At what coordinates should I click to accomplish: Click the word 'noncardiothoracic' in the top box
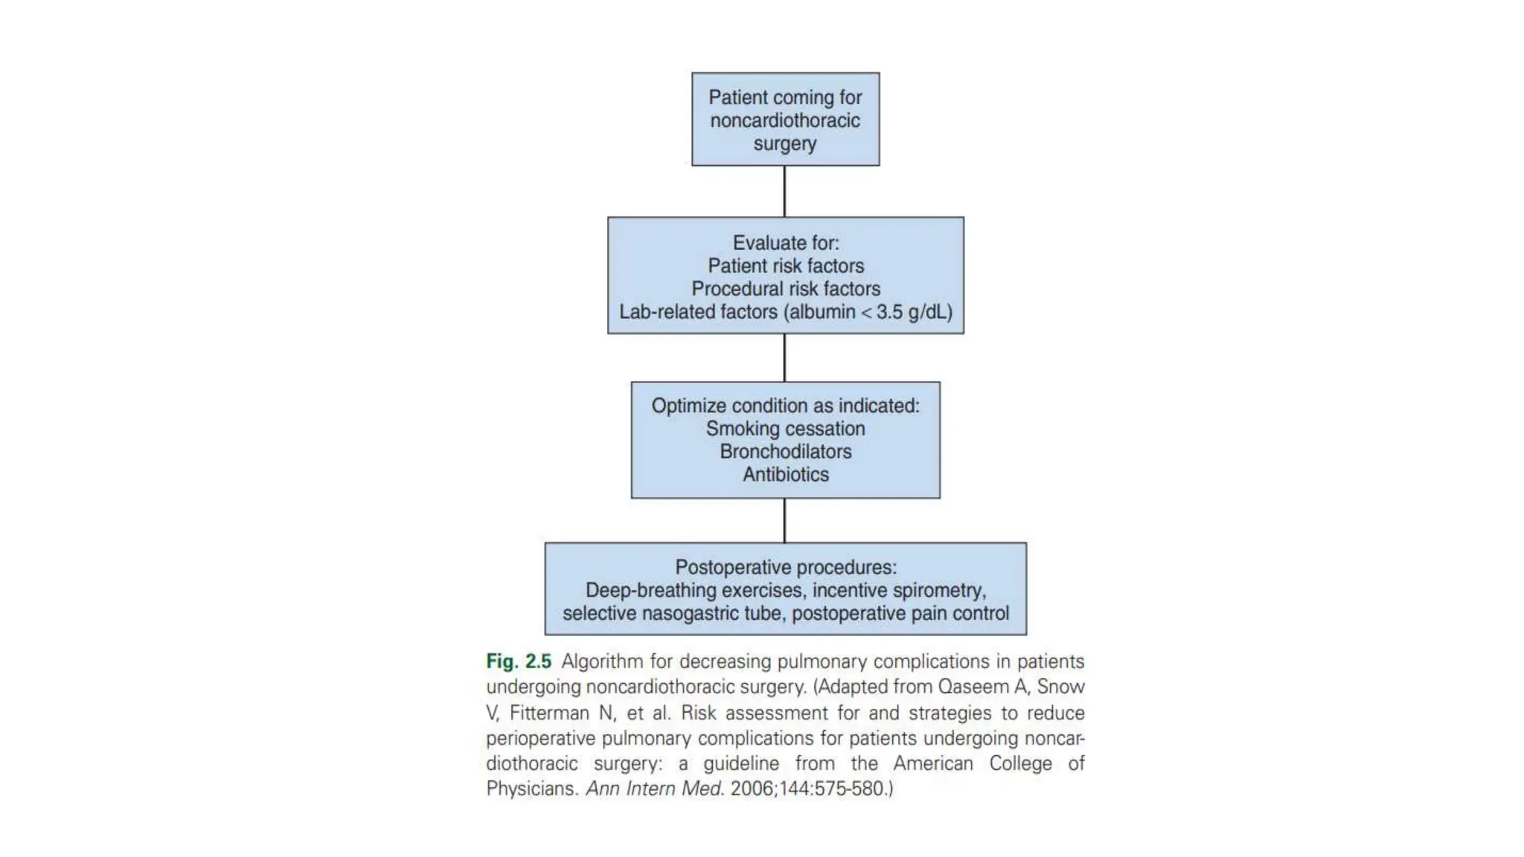785,121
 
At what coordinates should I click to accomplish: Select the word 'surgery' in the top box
785,144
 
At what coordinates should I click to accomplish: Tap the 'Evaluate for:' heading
786,243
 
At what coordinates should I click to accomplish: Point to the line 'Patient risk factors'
786,266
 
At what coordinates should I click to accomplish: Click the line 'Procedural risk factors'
786,289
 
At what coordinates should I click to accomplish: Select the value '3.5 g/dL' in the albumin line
914,312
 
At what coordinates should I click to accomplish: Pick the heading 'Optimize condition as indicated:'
786,405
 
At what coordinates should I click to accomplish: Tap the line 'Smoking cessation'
786,428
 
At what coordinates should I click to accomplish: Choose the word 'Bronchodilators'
786,452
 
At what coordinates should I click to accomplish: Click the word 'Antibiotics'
786,475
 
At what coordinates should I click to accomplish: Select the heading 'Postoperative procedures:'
786,567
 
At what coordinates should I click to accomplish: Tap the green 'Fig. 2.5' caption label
519,661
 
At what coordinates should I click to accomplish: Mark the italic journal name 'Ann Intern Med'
654,789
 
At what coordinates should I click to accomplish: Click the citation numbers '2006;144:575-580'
807,789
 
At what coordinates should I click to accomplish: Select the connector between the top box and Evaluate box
784,191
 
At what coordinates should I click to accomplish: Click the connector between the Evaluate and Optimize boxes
784,358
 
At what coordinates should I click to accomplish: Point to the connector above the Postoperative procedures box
784,520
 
